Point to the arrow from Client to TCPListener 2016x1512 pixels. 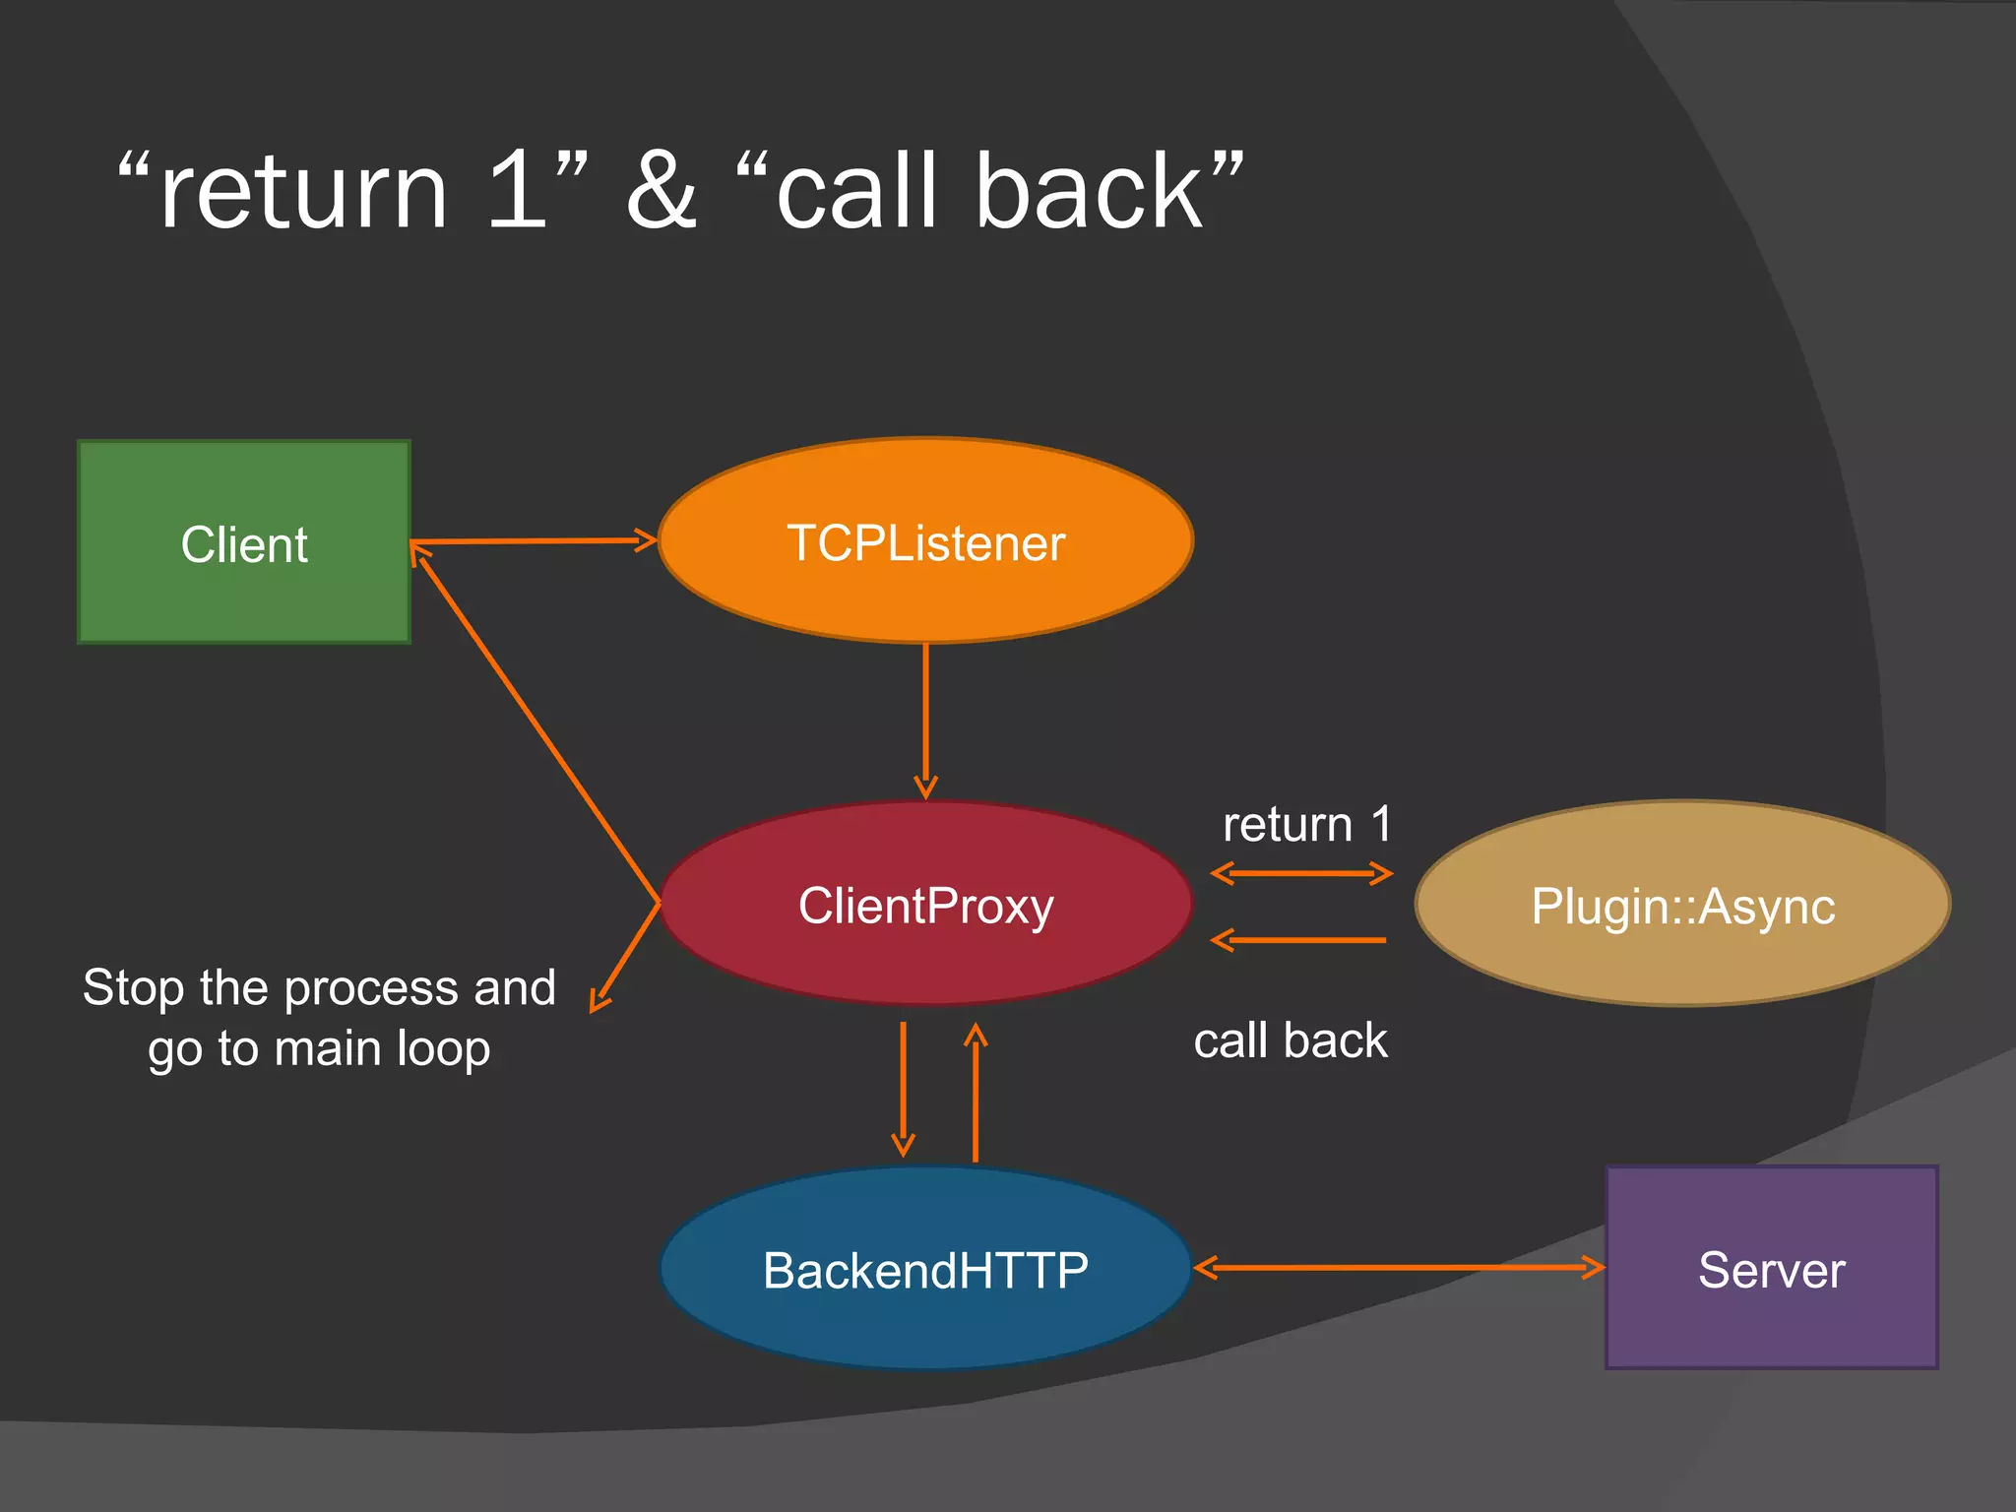pos(533,540)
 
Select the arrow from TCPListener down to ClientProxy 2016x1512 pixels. pos(925,719)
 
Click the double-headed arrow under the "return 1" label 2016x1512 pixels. pos(1301,873)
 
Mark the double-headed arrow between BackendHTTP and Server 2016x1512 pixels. pos(1399,1268)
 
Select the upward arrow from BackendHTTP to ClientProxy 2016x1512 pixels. pos(976,1093)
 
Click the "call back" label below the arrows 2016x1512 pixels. pos(1291,1040)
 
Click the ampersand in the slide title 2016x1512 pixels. pos(661,191)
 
